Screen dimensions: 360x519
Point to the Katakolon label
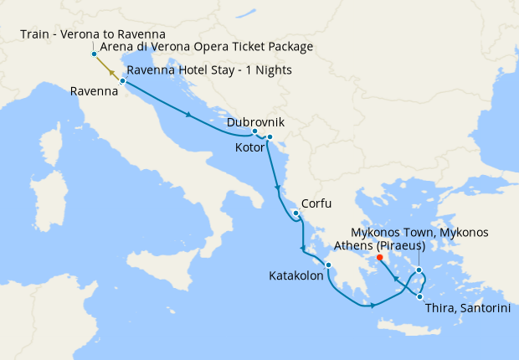click(x=296, y=275)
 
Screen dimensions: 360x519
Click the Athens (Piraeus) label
click(x=379, y=245)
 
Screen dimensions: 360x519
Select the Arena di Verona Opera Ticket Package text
click(x=206, y=47)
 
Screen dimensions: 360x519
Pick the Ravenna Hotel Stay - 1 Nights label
click(x=209, y=69)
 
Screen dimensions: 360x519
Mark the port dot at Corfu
click(x=296, y=213)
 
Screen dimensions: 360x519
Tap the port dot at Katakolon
click(x=330, y=266)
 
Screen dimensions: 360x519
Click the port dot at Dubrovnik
click(x=254, y=132)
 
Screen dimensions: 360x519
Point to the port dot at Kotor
click(x=270, y=136)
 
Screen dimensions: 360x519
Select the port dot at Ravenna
click(x=122, y=81)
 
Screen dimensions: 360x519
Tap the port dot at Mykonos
click(x=419, y=270)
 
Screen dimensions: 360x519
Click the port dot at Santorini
click(x=419, y=295)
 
